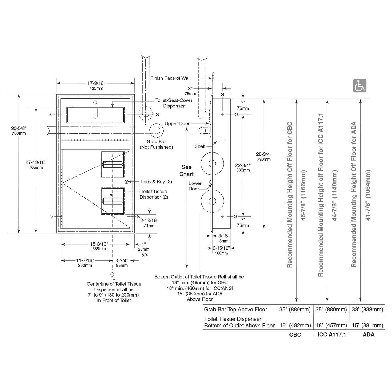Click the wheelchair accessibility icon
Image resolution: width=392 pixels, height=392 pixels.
(x=360, y=86)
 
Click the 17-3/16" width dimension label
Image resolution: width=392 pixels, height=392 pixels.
(x=96, y=83)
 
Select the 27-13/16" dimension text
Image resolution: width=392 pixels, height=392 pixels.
(x=36, y=162)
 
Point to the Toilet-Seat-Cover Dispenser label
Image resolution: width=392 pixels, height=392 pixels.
(x=174, y=103)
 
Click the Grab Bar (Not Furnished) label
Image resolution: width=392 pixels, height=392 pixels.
(x=156, y=144)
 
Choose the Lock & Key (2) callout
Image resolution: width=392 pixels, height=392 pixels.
(x=156, y=182)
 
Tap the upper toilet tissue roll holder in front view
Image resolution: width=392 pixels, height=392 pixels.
(x=113, y=165)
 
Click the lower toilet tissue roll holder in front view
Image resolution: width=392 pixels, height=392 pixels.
(x=113, y=201)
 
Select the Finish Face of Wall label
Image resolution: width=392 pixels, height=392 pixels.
(x=170, y=78)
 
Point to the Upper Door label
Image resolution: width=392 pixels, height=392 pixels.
(x=177, y=123)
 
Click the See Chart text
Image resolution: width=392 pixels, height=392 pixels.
(x=187, y=171)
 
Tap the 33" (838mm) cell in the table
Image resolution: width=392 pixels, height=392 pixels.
(x=367, y=310)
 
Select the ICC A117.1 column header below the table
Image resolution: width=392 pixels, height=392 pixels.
(x=332, y=335)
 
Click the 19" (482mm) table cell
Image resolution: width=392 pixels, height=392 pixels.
(x=295, y=326)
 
